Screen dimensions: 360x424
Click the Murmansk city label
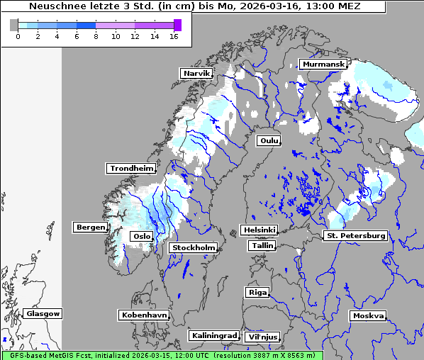point(323,64)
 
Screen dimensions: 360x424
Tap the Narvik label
point(196,73)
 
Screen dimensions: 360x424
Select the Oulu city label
point(269,140)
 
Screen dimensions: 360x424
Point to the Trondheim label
point(131,168)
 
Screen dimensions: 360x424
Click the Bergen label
point(89,227)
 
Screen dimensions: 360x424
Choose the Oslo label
point(141,236)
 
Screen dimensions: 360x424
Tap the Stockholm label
point(193,247)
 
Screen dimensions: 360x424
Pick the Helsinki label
point(259,230)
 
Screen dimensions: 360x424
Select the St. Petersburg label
point(355,235)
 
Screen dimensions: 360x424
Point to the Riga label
point(257,292)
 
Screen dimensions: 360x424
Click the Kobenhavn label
point(144,314)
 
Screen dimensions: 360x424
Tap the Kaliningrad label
point(213,335)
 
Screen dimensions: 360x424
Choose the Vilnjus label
point(262,337)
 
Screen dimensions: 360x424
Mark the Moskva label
point(368,315)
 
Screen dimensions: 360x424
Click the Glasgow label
point(43,313)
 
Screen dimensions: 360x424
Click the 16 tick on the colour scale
point(174,35)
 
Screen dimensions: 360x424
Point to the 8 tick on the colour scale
point(96,35)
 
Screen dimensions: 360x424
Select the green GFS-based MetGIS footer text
point(161,355)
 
